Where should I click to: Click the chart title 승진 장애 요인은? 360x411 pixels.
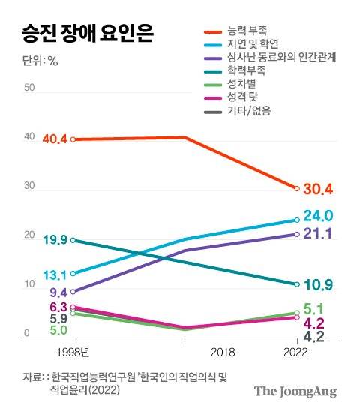(x=83, y=33)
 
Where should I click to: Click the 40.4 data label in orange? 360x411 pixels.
(x=55, y=139)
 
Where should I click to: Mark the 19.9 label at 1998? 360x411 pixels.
(x=55, y=240)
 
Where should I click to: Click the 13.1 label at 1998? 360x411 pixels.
(x=55, y=274)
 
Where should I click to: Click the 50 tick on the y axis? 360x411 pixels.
(x=30, y=88)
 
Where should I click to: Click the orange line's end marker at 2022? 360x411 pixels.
(x=298, y=188)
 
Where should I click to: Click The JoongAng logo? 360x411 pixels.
(x=295, y=391)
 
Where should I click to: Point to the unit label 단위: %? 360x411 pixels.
(x=35, y=61)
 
